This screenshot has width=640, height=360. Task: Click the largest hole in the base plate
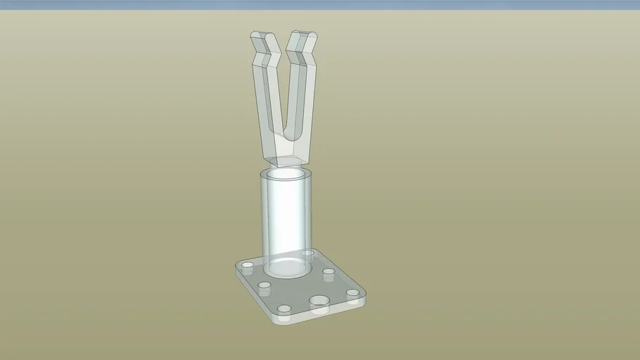coord(319,301)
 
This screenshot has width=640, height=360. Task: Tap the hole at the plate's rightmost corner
coord(352,292)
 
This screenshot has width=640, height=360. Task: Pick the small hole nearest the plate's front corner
coord(285,309)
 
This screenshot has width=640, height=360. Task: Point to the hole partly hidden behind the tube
coord(307,252)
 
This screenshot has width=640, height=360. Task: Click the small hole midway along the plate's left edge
coord(264,285)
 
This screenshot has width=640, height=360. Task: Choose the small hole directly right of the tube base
coord(328,272)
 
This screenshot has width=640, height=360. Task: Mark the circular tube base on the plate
coord(286,266)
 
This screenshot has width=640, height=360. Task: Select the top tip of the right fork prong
coord(302,35)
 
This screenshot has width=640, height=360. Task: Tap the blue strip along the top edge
coord(320,4)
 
